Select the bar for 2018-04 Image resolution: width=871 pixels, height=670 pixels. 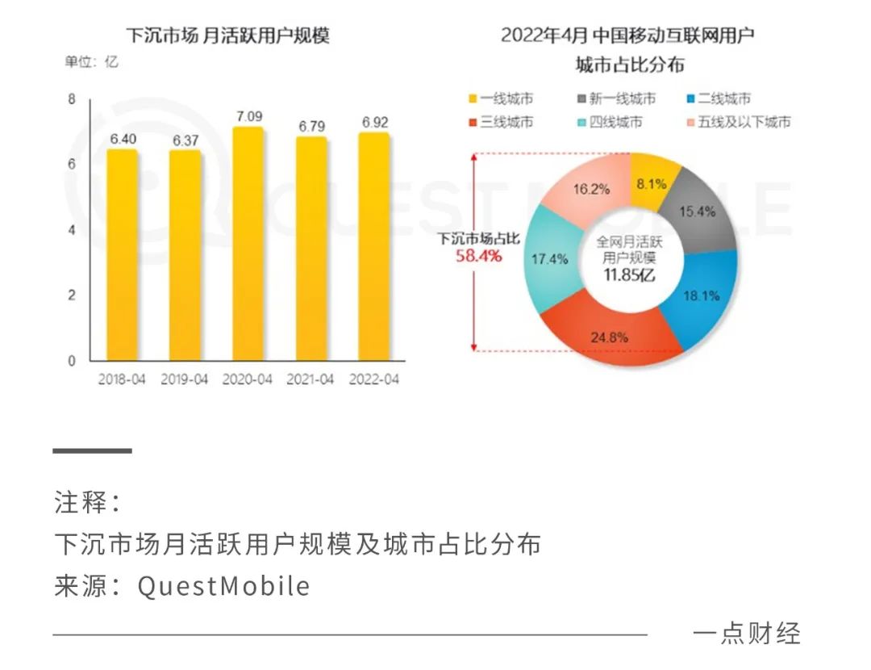(x=122, y=254)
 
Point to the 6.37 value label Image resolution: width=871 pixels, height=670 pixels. (x=185, y=140)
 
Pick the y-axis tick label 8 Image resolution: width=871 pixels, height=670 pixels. (x=71, y=100)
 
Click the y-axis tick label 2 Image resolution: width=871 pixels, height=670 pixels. (x=71, y=295)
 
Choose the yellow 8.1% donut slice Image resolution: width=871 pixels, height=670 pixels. (x=651, y=183)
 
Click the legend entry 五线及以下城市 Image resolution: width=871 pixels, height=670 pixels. (x=737, y=123)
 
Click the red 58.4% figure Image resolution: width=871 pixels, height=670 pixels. (x=480, y=257)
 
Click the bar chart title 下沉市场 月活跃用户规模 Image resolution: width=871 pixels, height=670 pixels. (x=228, y=36)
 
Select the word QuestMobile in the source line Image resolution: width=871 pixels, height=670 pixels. (x=223, y=585)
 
